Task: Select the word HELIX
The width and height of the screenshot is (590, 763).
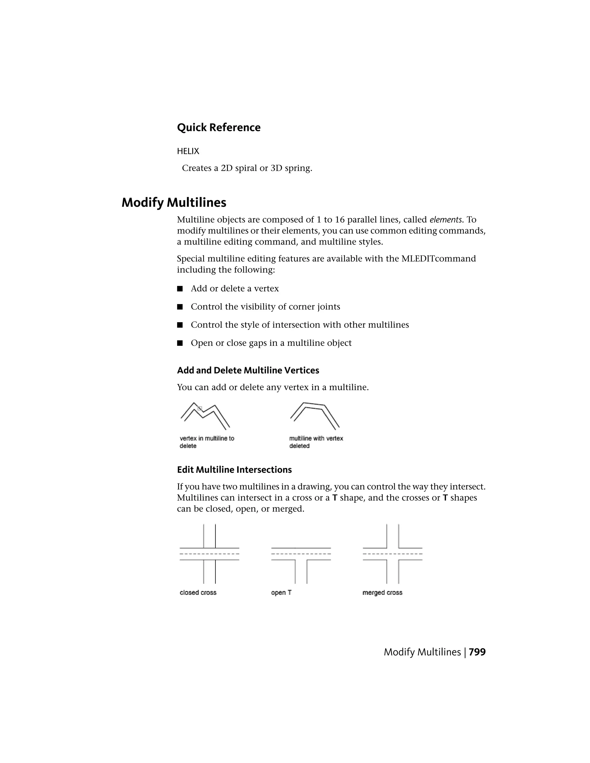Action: point(188,151)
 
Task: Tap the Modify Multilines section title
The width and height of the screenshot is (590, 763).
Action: point(174,203)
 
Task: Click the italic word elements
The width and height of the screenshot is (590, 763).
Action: point(446,220)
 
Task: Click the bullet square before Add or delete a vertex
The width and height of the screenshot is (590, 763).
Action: point(180,289)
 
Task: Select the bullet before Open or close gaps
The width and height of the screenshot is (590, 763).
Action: point(180,343)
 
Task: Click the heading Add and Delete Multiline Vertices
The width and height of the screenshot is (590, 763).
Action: point(248,370)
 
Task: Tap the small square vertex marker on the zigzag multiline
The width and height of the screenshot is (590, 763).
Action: point(200,408)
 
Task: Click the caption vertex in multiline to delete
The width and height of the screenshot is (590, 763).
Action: point(207,442)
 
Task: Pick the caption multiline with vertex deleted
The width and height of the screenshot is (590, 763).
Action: point(316,442)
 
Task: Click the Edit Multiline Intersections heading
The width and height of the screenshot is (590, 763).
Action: point(234,470)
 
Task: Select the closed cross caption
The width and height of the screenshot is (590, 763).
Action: point(198,593)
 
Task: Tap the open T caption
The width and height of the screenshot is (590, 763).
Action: point(281,593)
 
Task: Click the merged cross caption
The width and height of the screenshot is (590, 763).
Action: point(382,593)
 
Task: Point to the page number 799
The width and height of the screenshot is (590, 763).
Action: point(477,652)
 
